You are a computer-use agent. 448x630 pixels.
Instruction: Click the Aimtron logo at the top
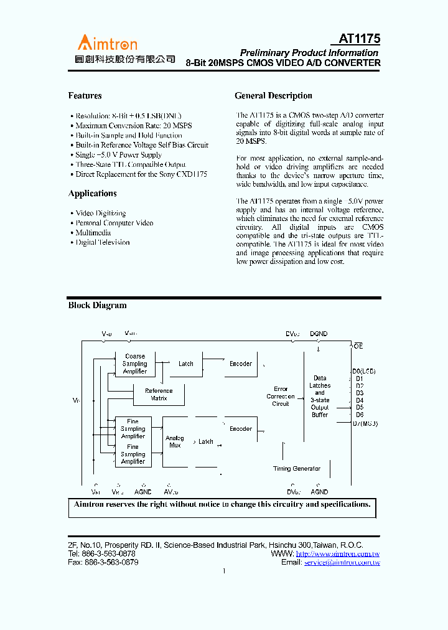click(x=107, y=43)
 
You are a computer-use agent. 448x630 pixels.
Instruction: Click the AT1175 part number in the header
click(x=359, y=39)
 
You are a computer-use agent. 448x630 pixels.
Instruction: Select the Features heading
click(x=85, y=96)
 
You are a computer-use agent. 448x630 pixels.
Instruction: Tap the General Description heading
click(x=273, y=96)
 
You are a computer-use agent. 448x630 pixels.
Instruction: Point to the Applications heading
click(x=92, y=194)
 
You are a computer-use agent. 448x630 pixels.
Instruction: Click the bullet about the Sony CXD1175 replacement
click(x=141, y=174)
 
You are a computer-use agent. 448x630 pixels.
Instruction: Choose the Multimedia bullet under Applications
click(x=93, y=232)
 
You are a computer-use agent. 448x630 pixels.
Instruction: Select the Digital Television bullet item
click(x=102, y=242)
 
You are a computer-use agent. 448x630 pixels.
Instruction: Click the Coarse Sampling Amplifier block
click(x=134, y=364)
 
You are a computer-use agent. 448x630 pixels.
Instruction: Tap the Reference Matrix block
click(x=159, y=395)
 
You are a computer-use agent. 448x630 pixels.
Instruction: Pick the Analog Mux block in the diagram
click(x=175, y=442)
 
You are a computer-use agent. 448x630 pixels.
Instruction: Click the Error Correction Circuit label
click(x=281, y=396)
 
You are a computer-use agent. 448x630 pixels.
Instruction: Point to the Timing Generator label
click(x=297, y=469)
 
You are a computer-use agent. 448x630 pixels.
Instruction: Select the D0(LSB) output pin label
click(x=363, y=372)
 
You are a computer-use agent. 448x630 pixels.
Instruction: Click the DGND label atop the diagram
click(x=318, y=334)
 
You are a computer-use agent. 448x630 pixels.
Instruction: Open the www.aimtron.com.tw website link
click(x=337, y=553)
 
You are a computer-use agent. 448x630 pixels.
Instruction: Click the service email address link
click(x=342, y=562)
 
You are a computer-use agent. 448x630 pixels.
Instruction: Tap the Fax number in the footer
click(x=103, y=562)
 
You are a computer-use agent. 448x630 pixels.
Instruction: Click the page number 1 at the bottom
click(x=223, y=571)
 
